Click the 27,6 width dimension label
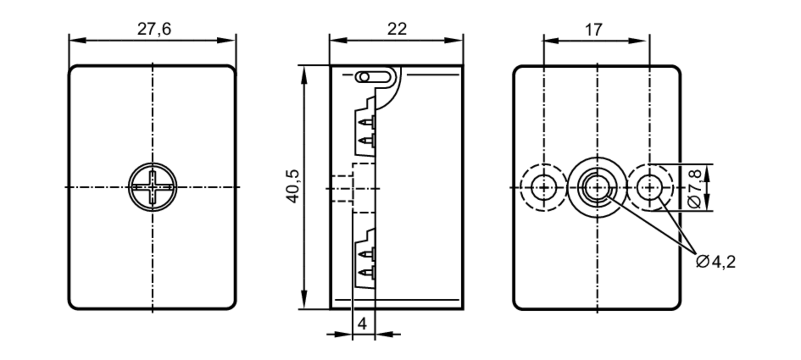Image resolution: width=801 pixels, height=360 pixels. (154, 29)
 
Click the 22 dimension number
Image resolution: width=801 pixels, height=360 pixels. (397, 29)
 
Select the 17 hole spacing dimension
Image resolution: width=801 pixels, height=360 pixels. (594, 30)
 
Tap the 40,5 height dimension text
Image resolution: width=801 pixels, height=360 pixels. (294, 187)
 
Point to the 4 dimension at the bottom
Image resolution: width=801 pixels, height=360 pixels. (362, 324)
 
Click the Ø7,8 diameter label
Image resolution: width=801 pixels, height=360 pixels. (695, 188)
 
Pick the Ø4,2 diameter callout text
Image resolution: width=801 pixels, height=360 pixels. (716, 262)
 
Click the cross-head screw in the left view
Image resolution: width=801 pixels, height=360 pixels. (153, 187)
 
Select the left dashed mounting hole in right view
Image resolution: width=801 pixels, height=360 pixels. (543, 187)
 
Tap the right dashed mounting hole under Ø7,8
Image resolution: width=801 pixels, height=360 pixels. (650, 187)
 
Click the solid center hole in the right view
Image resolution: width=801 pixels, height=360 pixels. (597, 187)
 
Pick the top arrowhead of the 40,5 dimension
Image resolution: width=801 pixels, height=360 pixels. (304, 74)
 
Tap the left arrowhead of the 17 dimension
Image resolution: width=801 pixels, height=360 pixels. (551, 41)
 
